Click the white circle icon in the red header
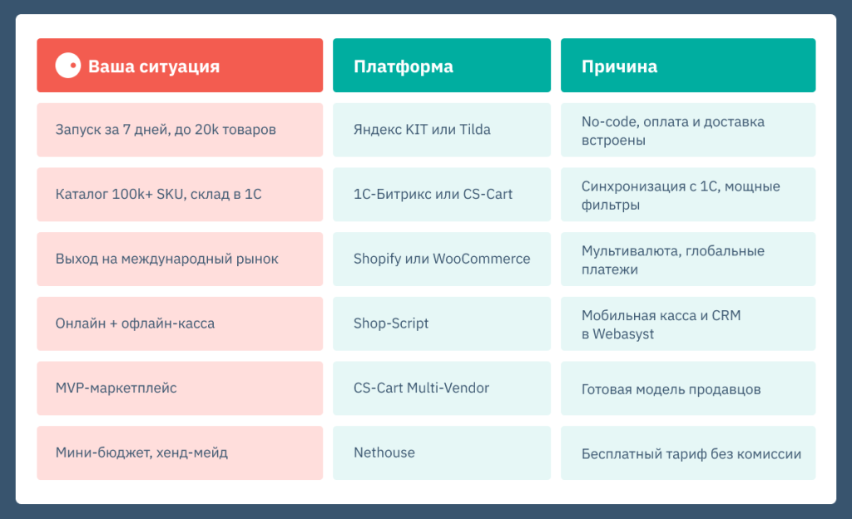coord(67,66)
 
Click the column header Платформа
coord(404,67)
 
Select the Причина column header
coord(619,67)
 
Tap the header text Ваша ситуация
coord(154,67)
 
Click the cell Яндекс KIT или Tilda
coord(441,130)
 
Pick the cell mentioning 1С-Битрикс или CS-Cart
coord(441,194)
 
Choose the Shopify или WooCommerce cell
coord(441,259)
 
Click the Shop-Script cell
coord(441,323)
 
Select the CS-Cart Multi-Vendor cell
coord(441,388)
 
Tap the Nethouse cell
coord(441,452)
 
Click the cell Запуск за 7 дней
coord(179,130)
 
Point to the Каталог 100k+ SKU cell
coord(179,194)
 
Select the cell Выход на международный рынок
coord(179,259)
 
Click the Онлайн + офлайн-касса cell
coord(179,323)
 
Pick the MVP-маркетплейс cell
coord(179,388)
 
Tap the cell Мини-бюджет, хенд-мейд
coord(179,452)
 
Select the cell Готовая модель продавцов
coord(687,388)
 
